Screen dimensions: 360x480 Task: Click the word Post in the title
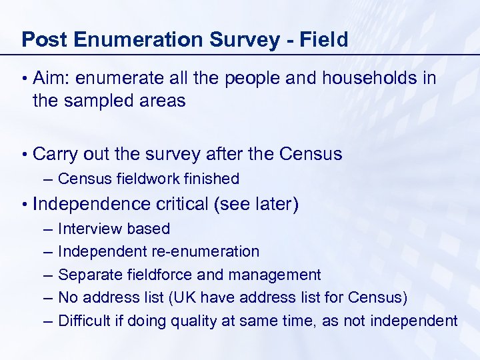click(45, 40)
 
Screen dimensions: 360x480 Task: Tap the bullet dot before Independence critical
click(24, 204)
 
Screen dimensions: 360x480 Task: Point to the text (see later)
click(256, 204)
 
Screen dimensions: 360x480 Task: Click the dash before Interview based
click(46, 229)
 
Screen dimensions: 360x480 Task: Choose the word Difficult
click(84, 321)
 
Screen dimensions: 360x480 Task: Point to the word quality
click(194, 321)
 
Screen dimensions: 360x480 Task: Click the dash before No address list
click(46, 298)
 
